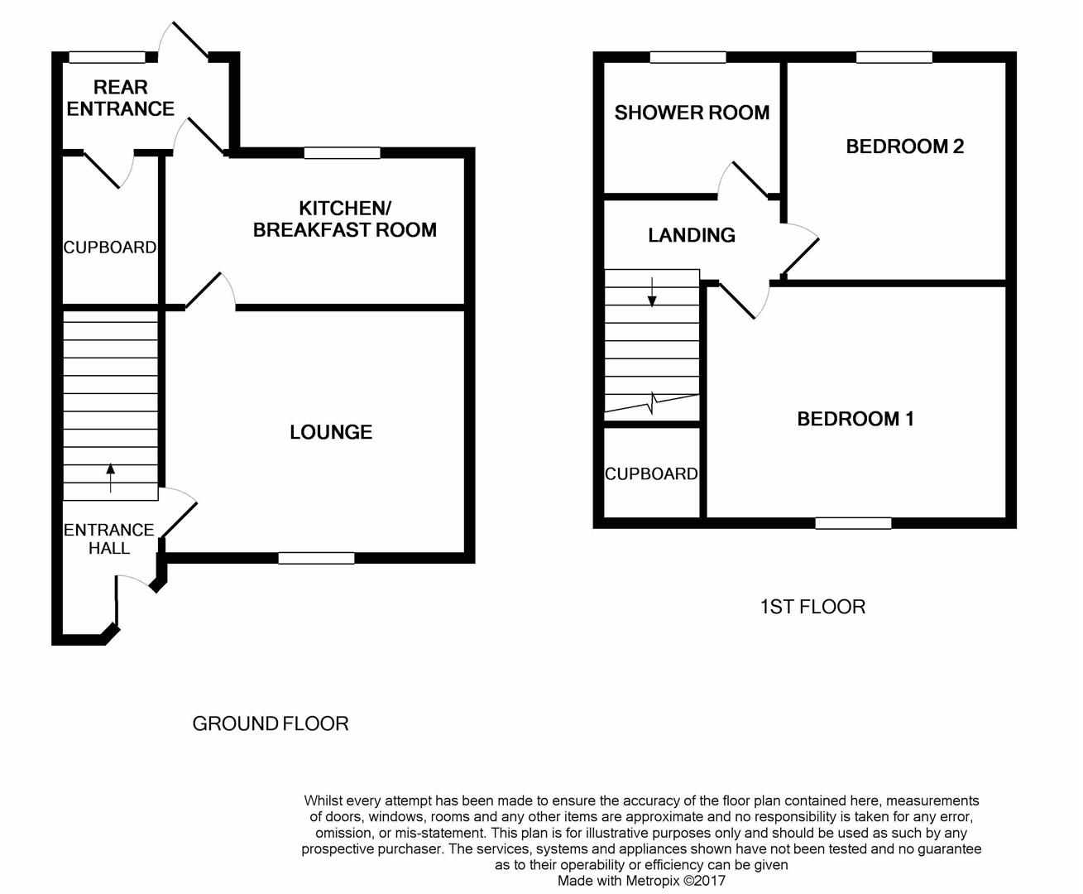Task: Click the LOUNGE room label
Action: [330, 432]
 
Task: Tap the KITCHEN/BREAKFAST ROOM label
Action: [344, 219]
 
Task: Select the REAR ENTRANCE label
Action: [120, 99]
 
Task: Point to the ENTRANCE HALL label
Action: [109, 539]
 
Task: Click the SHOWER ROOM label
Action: [692, 113]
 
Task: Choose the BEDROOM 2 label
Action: [904, 147]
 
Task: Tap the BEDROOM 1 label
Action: [855, 419]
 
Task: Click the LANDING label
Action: [691, 235]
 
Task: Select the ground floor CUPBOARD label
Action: [110, 248]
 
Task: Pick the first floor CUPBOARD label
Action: [651, 473]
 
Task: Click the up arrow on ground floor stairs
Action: [110, 478]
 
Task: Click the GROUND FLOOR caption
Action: [270, 723]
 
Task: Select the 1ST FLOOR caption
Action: [812, 607]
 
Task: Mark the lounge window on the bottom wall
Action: [316, 558]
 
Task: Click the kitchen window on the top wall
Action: [342, 153]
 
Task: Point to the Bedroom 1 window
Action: [853, 523]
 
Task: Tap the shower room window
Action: [688, 57]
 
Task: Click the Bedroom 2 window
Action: [894, 57]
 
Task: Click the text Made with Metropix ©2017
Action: [640, 881]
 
